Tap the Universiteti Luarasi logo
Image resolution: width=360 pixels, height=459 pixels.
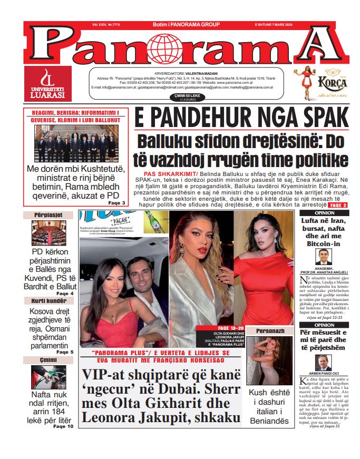click(x=47, y=84)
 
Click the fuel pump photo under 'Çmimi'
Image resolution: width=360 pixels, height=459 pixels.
click(x=48, y=377)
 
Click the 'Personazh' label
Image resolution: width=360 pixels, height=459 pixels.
click(x=270, y=330)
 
